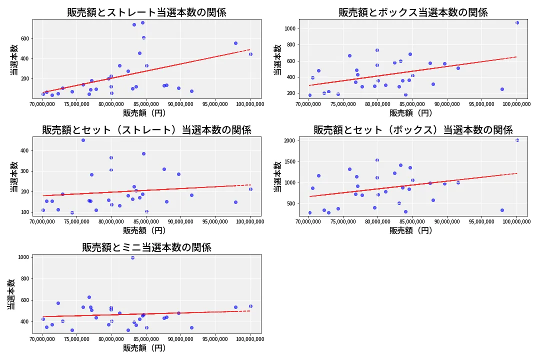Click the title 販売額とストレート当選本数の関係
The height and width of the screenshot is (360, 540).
coord(146,12)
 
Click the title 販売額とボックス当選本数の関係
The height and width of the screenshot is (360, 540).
coord(413,12)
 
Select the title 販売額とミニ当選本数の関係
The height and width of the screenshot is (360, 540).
coord(146,247)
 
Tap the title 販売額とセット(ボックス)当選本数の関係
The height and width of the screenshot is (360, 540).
coord(413,130)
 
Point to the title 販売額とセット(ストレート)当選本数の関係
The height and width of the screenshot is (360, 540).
coord(146,130)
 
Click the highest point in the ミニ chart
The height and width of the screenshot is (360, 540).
coord(132,257)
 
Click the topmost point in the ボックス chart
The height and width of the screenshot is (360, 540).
coord(517,22)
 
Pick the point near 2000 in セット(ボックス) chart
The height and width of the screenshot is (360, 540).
coord(517,140)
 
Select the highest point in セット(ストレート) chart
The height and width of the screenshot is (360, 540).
coord(83,140)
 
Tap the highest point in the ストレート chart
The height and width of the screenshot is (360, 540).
coord(142,22)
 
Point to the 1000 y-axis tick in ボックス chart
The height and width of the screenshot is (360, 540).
coord(289,28)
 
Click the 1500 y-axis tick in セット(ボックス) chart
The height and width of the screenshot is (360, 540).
coord(289,161)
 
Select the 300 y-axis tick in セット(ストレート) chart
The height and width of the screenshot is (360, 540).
coord(24,171)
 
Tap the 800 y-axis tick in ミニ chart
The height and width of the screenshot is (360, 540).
coord(24,278)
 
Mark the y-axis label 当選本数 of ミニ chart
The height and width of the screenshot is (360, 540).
coord(11,294)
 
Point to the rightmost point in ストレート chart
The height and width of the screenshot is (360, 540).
coord(250,54)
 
